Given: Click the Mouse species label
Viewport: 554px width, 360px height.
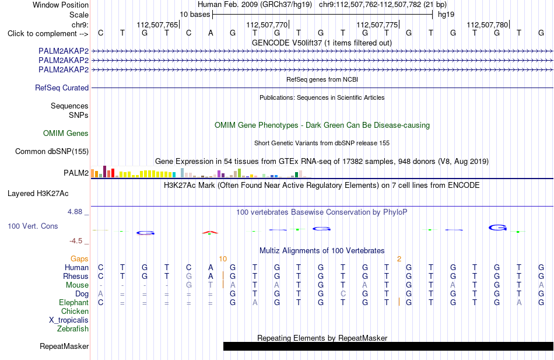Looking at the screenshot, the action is [x=77, y=285].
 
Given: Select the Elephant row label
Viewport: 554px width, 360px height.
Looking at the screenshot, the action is [x=74, y=302].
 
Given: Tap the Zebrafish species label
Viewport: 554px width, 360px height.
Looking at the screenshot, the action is [x=73, y=329].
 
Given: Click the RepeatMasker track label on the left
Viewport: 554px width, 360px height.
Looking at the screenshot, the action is [x=64, y=346].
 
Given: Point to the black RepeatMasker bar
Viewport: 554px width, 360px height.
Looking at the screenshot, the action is [x=388, y=346].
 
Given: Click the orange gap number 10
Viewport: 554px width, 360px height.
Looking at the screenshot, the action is [x=223, y=259].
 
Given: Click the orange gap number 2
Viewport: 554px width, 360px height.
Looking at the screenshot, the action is [x=399, y=259].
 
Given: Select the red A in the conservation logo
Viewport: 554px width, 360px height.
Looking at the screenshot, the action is [x=210, y=232].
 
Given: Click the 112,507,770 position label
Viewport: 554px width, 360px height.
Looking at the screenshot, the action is [x=267, y=25].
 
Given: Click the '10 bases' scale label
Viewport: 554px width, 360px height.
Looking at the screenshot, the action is [x=195, y=15].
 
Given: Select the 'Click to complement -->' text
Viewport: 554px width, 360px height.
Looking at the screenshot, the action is [x=48, y=34].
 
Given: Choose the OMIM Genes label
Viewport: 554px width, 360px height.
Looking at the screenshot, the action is [x=66, y=133].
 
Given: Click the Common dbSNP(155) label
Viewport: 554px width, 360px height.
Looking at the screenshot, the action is [x=52, y=151].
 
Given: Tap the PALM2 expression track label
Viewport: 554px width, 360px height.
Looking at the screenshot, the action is [x=76, y=173].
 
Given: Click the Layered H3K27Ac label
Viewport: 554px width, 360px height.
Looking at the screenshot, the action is [x=38, y=194].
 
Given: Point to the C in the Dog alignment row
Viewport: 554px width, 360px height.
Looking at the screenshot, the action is [x=343, y=294].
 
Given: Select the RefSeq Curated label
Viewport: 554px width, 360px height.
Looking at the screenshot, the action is [x=62, y=88].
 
